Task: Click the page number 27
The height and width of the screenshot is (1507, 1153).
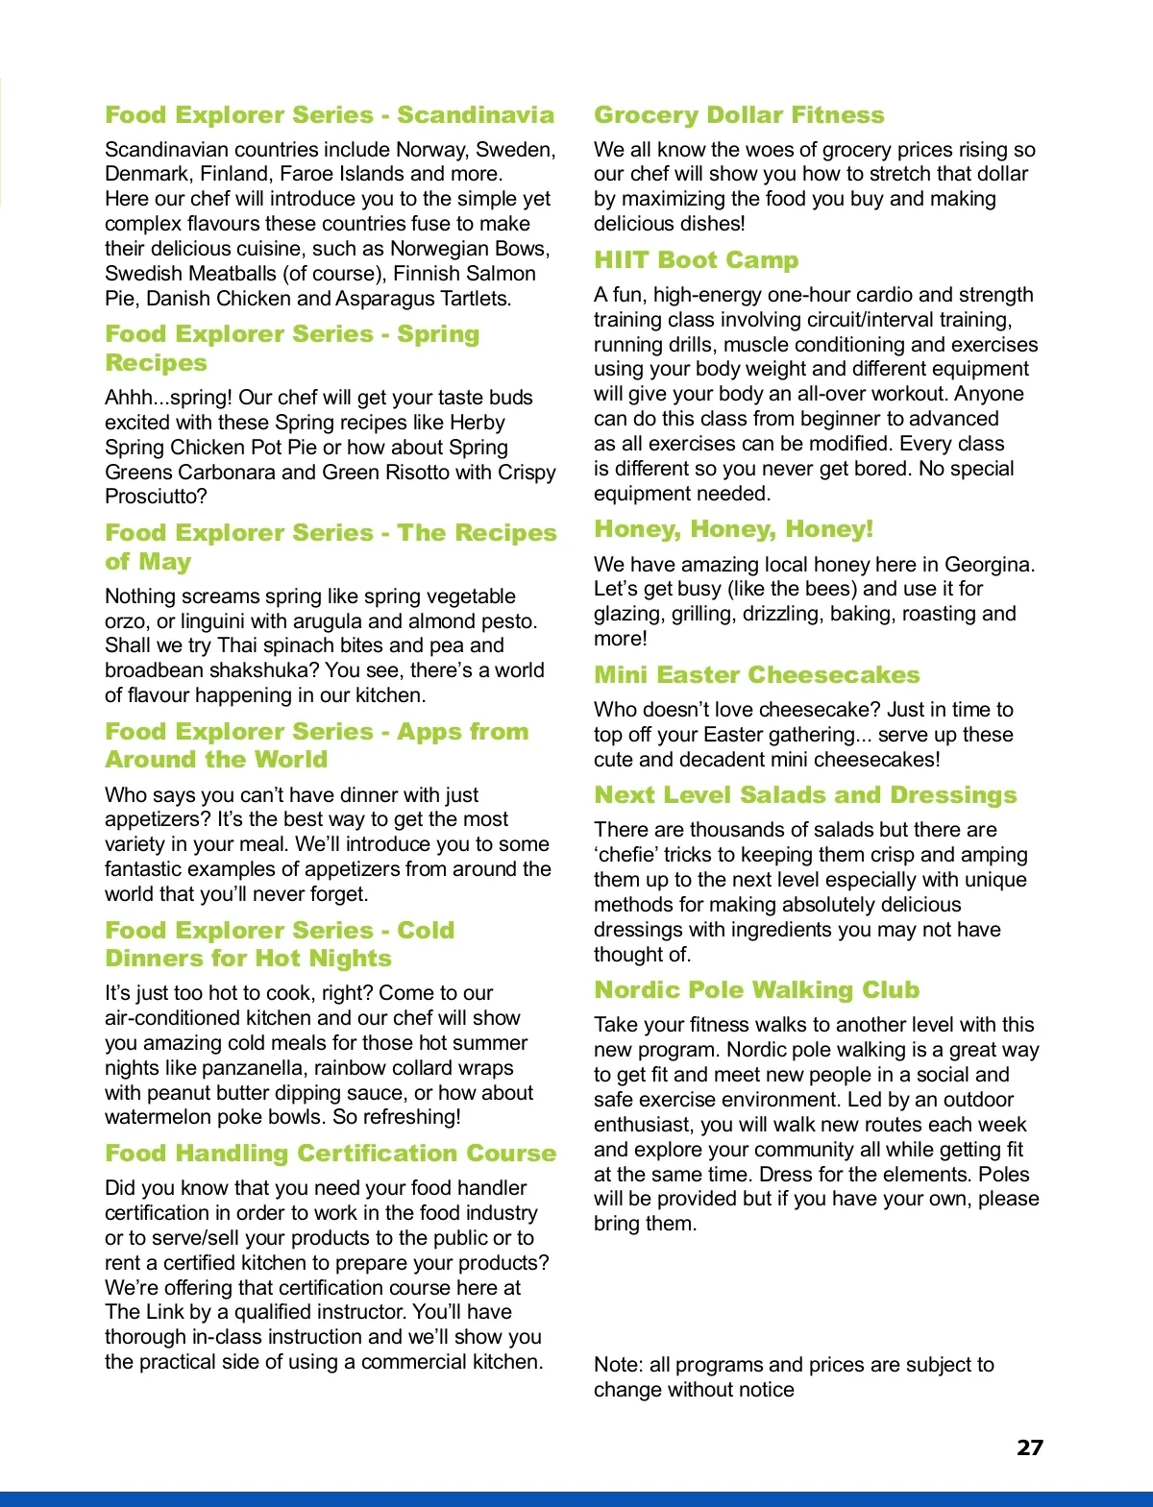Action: (x=1029, y=1447)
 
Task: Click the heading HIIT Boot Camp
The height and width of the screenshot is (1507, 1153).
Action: (x=696, y=260)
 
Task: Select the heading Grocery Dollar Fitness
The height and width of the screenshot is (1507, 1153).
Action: (x=738, y=115)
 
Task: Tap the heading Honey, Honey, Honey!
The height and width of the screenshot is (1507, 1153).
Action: (x=733, y=529)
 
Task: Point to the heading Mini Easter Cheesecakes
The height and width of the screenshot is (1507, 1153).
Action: (x=756, y=675)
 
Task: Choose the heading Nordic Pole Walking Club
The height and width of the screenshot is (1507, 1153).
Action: (x=756, y=990)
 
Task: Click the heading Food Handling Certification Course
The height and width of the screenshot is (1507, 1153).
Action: (x=331, y=1154)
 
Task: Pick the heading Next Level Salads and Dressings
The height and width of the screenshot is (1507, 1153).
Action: (x=805, y=795)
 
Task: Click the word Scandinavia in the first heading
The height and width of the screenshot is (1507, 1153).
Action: (x=476, y=115)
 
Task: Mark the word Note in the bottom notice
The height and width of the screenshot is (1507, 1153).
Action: (x=617, y=1365)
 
